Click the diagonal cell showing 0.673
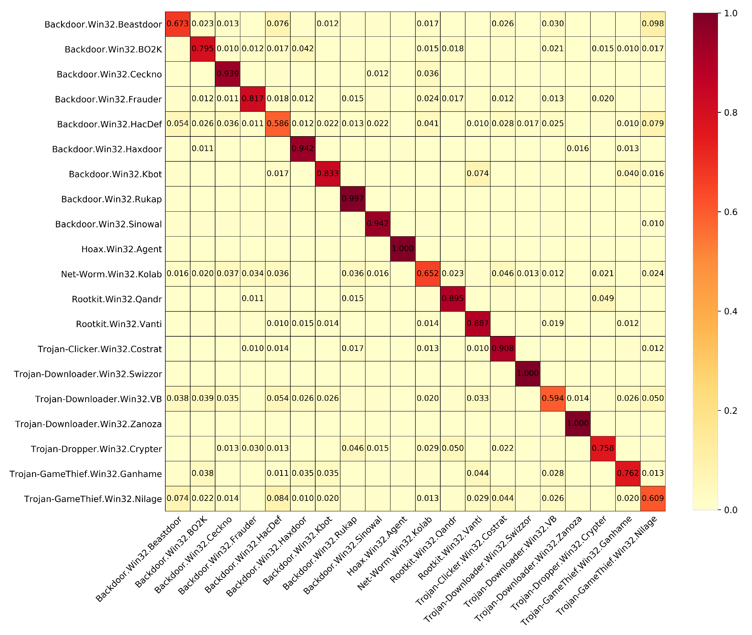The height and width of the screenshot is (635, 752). (x=178, y=24)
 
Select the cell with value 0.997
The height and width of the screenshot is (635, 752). (x=352, y=199)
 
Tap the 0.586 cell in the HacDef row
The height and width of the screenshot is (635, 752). (x=277, y=124)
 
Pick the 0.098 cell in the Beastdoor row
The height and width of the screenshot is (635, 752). (x=652, y=24)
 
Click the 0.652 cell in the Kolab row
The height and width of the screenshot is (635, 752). (x=427, y=274)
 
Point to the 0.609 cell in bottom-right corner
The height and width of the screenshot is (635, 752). (x=652, y=498)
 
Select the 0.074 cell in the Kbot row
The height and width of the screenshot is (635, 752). (x=477, y=173)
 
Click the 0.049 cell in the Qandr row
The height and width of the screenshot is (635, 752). (x=602, y=298)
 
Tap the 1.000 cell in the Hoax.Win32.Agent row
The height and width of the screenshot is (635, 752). (x=402, y=249)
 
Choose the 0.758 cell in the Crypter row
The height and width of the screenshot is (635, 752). (x=602, y=448)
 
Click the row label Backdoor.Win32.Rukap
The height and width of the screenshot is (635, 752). (x=111, y=199)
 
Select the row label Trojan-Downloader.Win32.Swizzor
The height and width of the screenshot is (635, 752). (x=88, y=374)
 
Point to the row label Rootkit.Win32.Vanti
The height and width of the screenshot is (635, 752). (x=119, y=324)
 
